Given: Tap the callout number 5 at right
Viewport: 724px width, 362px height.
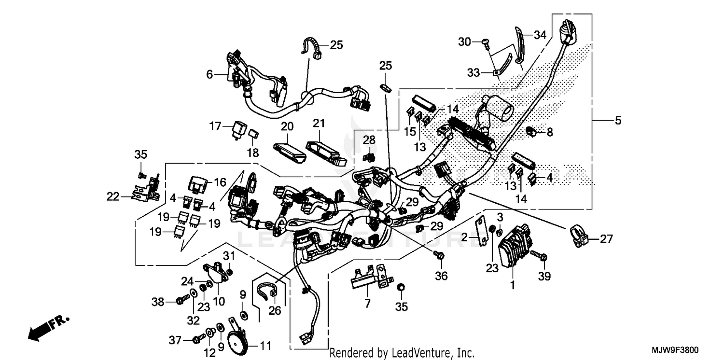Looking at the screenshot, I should tap(618, 121).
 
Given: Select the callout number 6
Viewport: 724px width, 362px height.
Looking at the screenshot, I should tap(209, 74).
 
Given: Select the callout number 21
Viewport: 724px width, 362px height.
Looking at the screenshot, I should tap(317, 125).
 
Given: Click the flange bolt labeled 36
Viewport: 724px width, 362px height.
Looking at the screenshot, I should tap(441, 256).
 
